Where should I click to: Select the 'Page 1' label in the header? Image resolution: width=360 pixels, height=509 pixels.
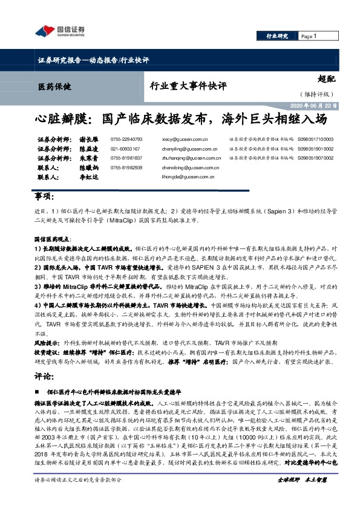(x=309, y=36)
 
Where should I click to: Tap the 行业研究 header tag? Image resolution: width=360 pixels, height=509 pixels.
(x=277, y=36)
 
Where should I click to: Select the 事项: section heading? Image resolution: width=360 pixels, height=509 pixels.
(x=45, y=197)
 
